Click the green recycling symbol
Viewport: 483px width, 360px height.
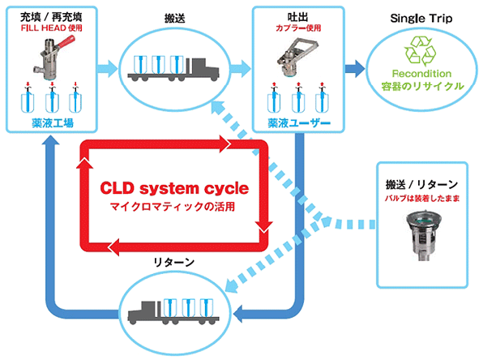pos(421,51)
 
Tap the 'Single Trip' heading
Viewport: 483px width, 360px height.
pos(421,19)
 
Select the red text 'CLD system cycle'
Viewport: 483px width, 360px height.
pos(174,188)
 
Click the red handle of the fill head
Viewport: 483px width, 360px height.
pos(66,42)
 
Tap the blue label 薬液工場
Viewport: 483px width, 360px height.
pos(53,123)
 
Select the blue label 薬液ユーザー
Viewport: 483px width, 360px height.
pos(298,123)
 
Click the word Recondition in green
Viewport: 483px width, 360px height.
pos(421,74)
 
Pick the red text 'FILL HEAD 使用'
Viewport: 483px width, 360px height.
pos(51,28)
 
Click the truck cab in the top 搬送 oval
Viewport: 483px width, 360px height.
pos(204,68)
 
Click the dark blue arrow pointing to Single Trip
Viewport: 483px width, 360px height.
pos(354,68)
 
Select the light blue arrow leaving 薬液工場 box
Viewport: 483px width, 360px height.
pos(107,68)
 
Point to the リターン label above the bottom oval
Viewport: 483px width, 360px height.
pos(174,262)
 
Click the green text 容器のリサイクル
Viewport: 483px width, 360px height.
pos(422,86)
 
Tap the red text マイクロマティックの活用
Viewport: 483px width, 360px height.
pos(173,206)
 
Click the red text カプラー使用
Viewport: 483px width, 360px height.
pos(298,28)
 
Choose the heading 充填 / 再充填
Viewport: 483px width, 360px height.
pos(51,17)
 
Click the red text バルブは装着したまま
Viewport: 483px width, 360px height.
pos(422,198)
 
